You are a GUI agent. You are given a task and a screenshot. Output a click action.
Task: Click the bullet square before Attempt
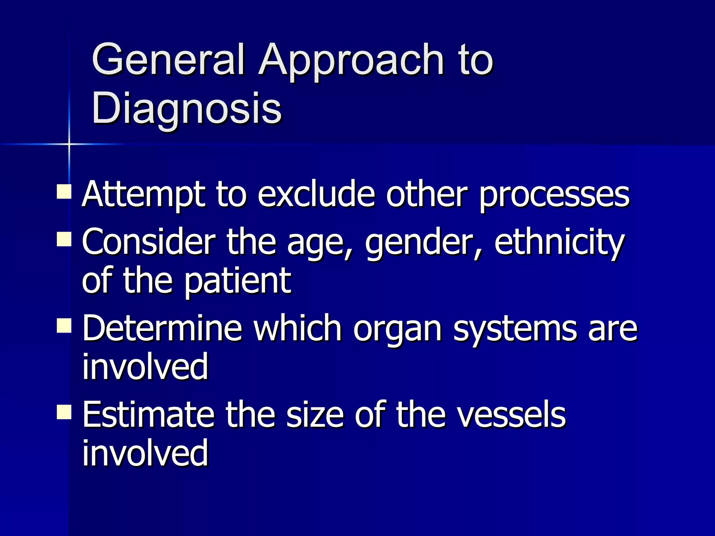click(64, 192)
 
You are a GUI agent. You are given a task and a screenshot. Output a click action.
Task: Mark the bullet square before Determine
click(64, 326)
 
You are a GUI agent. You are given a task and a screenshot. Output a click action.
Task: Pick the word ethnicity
click(559, 244)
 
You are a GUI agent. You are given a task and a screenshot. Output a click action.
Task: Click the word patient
click(237, 282)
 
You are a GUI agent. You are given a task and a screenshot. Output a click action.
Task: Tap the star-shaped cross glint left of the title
click(69, 144)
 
